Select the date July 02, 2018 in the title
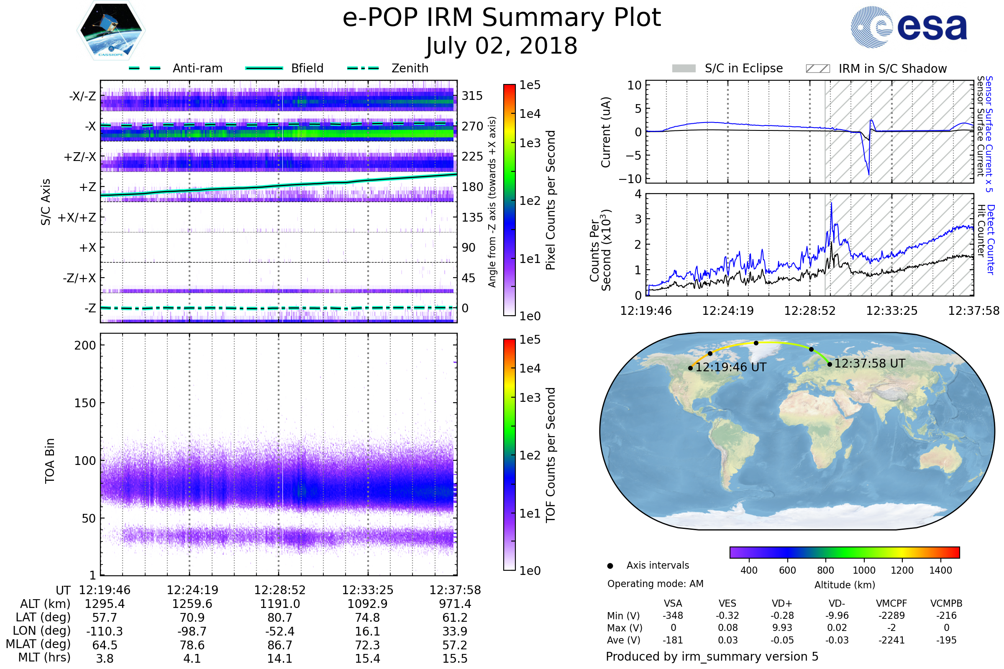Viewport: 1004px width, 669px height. tap(502, 46)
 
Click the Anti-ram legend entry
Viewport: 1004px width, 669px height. tap(197, 68)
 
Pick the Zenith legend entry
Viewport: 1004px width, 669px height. tap(410, 68)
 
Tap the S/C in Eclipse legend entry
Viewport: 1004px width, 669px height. tap(744, 68)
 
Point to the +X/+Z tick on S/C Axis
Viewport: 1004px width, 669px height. tap(77, 217)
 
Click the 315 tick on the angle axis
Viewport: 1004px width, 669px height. tap(472, 96)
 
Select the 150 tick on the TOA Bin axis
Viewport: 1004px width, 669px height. tap(85, 403)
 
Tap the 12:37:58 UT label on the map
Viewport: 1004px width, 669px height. tap(870, 363)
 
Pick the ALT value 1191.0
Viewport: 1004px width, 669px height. tap(280, 604)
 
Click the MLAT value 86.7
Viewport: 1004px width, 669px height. tap(280, 645)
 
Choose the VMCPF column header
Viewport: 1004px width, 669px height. tap(891, 604)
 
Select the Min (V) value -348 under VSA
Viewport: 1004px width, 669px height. tap(673, 615)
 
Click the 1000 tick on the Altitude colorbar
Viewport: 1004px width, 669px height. tap(864, 570)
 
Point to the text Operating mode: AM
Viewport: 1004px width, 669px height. tap(655, 584)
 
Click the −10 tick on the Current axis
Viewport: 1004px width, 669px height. tap(630, 179)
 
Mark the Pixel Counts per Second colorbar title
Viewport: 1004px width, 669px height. tap(551, 200)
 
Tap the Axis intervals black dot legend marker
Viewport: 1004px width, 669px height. tap(610, 566)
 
